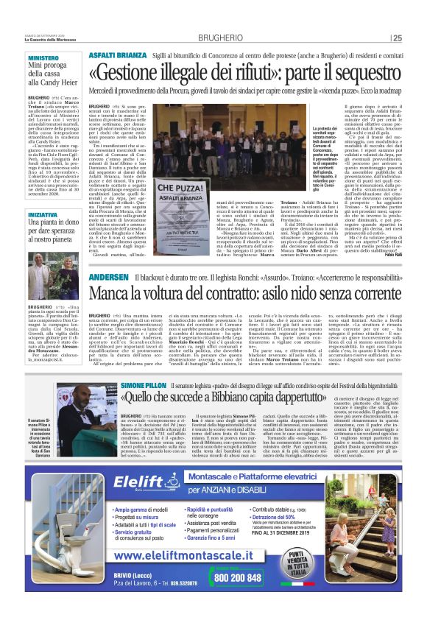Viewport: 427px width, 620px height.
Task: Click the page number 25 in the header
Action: click(x=397, y=38)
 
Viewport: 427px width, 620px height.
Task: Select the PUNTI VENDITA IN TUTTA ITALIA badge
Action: click(x=295, y=565)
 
